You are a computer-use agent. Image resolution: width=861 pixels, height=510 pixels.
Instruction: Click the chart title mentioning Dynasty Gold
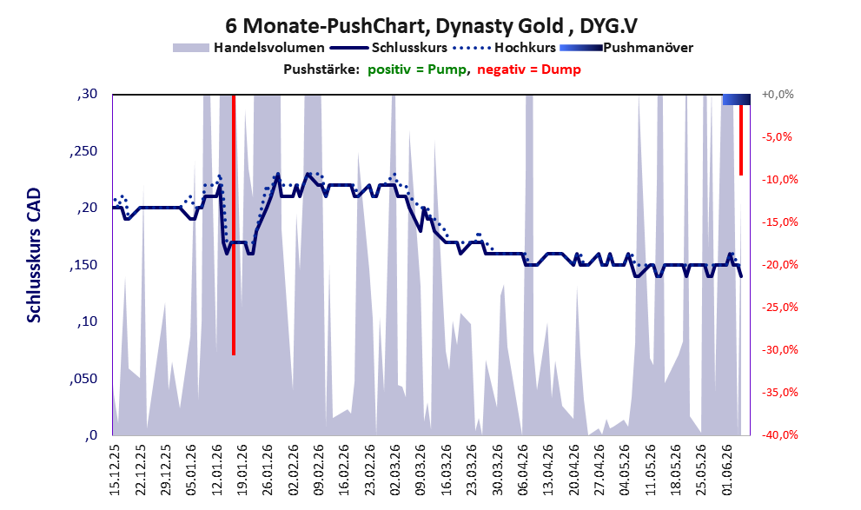(x=431, y=26)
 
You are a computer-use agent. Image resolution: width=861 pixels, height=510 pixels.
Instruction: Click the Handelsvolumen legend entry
(x=248, y=48)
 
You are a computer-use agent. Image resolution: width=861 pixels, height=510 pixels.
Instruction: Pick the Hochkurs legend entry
(x=505, y=48)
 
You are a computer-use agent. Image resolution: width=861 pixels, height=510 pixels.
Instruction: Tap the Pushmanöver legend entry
(x=626, y=48)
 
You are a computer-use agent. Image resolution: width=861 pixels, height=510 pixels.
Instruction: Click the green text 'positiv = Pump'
(x=417, y=70)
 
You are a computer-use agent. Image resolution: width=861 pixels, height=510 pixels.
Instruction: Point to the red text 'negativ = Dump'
(x=529, y=70)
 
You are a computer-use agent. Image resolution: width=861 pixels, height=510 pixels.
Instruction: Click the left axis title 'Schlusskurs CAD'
(x=34, y=255)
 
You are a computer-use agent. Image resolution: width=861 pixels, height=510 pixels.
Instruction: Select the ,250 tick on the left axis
(x=83, y=151)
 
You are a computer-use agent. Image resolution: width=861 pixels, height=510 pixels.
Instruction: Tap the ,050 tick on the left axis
(x=83, y=379)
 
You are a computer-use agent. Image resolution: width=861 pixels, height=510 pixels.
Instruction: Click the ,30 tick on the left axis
(x=87, y=95)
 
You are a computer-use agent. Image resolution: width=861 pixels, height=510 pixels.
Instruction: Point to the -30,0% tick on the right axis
(x=779, y=349)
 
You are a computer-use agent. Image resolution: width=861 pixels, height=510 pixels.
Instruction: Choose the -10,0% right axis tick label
(x=779, y=180)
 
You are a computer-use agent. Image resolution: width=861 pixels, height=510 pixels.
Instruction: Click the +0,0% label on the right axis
(x=778, y=95)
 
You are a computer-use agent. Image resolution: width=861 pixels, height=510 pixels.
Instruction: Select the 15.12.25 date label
(x=115, y=470)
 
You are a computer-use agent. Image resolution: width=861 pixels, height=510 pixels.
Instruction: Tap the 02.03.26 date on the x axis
(x=394, y=470)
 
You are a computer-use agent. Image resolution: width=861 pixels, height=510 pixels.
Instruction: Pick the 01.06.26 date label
(x=727, y=470)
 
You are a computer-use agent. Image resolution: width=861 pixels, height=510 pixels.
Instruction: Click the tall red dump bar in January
(x=234, y=225)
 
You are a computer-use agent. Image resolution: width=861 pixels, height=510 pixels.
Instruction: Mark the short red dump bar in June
(x=741, y=140)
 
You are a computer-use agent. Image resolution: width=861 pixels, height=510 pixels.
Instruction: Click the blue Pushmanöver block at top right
(x=737, y=99)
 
